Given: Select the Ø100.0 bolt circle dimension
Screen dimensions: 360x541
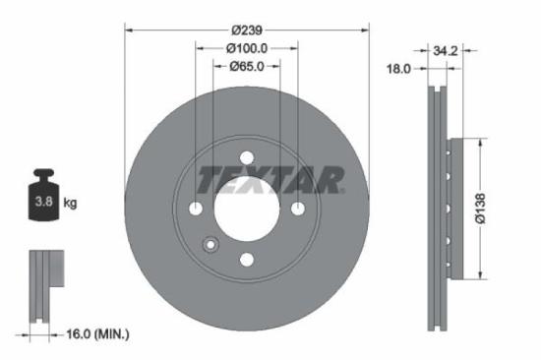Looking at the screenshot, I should pos(246,47).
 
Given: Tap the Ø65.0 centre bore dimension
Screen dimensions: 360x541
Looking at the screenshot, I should pos(246,67).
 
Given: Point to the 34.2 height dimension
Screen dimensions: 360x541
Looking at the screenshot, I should pos(446,47).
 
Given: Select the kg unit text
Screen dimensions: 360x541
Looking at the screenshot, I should pos(70,204).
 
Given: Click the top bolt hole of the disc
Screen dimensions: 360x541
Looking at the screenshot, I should pos(246,157).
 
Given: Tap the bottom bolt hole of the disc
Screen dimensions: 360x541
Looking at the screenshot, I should pos(246,260).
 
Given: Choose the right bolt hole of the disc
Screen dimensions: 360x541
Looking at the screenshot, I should pos(297,209).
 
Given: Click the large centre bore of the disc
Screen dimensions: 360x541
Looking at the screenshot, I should pos(246,209).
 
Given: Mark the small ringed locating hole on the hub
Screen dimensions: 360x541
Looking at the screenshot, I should pos(210,245).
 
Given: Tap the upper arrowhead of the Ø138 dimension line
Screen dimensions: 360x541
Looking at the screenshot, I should pos(481,141).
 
